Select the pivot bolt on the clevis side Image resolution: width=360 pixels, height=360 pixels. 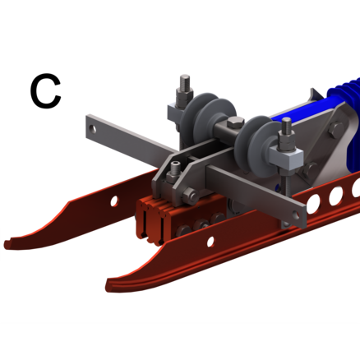pyautogui.click(x=190, y=196)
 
